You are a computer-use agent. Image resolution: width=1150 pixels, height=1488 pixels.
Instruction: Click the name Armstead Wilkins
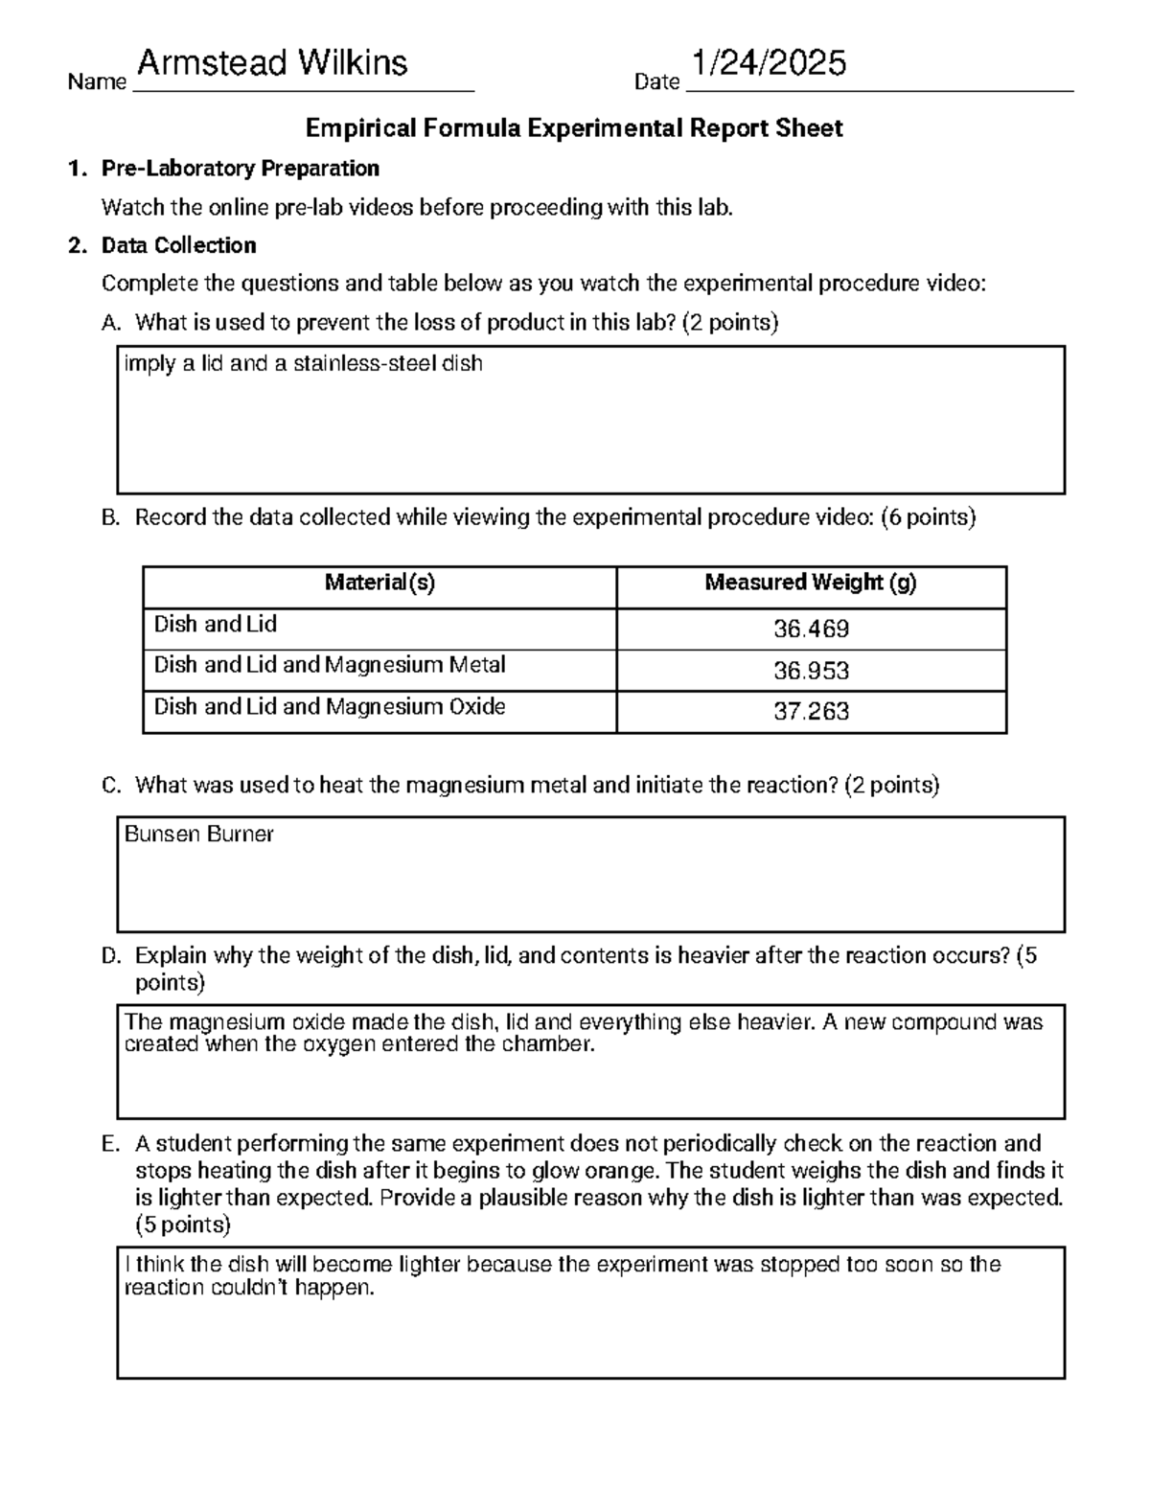[x=272, y=64]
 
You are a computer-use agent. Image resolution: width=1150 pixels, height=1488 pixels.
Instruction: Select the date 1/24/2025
[x=770, y=64]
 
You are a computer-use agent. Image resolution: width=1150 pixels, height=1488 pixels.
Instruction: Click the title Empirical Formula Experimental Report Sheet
[x=573, y=128]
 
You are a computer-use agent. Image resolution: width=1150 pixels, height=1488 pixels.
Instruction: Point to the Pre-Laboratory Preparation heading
[x=240, y=169]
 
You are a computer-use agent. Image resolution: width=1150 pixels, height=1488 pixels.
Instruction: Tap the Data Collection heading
[x=178, y=245]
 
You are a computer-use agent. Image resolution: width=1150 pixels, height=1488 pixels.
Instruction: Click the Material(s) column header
[x=379, y=583]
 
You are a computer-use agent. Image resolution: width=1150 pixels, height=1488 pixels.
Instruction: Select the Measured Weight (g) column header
[x=811, y=583]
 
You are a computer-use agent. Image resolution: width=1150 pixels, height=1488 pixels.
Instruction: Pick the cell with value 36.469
[x=811, y=630]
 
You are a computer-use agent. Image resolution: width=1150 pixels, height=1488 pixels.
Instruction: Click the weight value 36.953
[x=811, y=671]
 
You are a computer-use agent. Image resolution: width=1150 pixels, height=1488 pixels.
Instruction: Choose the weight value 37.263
[x=811, y=712]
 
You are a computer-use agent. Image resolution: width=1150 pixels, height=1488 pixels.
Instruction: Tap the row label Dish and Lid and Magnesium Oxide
[x=330, y=707]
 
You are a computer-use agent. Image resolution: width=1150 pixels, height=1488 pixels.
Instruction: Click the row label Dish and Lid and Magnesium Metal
[x=330, y=665]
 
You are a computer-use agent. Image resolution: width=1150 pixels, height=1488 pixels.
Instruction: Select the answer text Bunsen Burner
[x=199, y=835]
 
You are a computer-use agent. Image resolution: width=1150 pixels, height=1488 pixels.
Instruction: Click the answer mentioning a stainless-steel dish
[x=303, y=364]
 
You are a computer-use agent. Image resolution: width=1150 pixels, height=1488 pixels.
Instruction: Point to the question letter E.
[x=109, y=1144]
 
